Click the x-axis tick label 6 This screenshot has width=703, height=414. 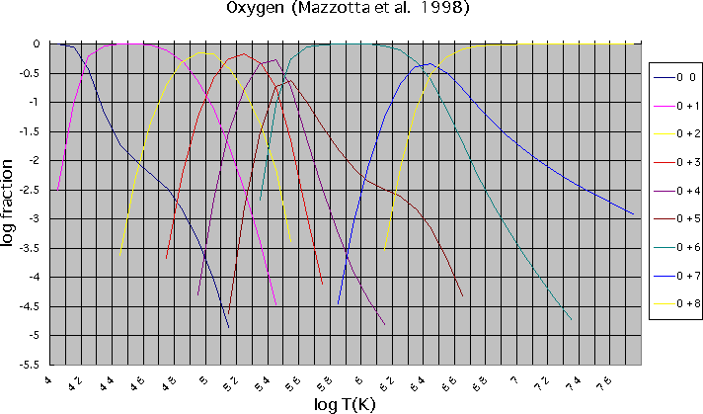pyautogui.click(x=357, y=377)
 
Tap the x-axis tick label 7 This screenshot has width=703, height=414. pyautogui.click(x=512, y=377)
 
